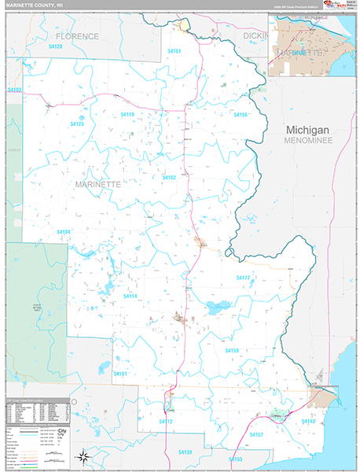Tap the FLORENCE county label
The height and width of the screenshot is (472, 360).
[x=77, y=36]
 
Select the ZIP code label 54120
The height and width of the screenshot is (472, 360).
[x=54, y=46]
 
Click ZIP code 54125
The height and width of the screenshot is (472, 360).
[x=76, y=124]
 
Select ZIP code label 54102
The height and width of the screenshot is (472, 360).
[x=169, y=178]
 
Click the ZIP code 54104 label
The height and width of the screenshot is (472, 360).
[x=64, y=231]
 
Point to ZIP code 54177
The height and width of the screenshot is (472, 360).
[x=244, y=278]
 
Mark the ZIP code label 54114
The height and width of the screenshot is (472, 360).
[x=129, y=296]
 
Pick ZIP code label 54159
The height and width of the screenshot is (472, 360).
[x=231, y=350]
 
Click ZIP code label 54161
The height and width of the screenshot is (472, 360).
[x=120, y=374]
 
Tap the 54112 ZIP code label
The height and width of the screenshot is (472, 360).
[x=165, y=422]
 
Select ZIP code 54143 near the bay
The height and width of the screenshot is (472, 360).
[x=308, y=422]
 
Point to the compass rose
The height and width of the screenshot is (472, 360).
[x=83, y=456]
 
